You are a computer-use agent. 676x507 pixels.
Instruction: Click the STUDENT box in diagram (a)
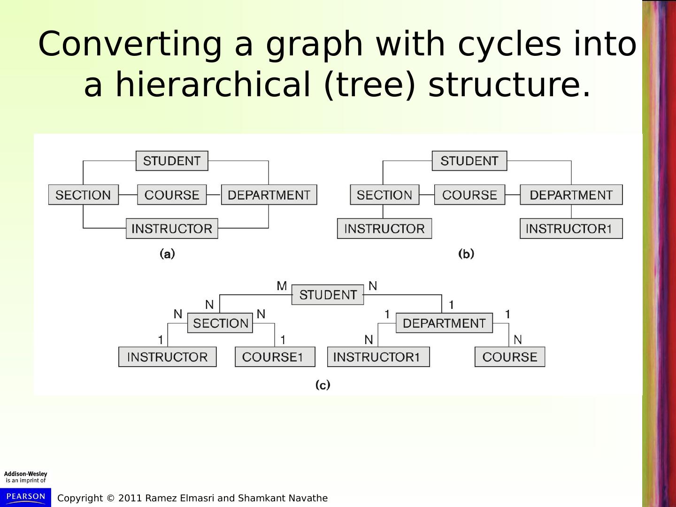click(x=172, y=161)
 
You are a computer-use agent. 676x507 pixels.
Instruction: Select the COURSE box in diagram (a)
click(x=172, y=195)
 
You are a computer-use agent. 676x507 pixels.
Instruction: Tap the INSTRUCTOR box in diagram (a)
click(x=172, y=229)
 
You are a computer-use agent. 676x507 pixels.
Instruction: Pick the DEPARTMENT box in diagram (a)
click(x=269, y=195)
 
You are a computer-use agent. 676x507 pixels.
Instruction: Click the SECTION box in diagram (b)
click(x=384, y=195)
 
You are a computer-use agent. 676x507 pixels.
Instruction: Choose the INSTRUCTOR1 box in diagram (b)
click(x=571, y=229)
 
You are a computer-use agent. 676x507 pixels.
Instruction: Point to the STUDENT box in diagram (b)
click(x=469, y=161)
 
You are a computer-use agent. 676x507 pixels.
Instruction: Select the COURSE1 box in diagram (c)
click(x=275, y=357)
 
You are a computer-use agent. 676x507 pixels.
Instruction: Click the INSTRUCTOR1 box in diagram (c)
click(x=378, y=357)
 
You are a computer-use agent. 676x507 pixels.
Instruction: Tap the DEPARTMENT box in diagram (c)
click(x=444, y=323)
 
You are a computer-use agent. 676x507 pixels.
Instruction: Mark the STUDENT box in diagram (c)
click(x=328, y=295)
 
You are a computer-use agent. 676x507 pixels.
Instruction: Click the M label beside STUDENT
click(x=282, y=286)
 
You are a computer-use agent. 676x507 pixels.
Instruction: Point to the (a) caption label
click(x=167, y=254)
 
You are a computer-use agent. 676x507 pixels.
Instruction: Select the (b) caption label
click(x=466, y=254)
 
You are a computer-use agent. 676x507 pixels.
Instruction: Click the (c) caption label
click(x=323, y=385)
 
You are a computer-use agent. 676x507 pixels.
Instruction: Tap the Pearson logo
click(x=25, y=497)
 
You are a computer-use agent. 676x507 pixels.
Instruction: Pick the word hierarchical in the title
click(x=213, y=84)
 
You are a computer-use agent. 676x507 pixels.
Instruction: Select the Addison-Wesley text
click(x=25, y=474)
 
